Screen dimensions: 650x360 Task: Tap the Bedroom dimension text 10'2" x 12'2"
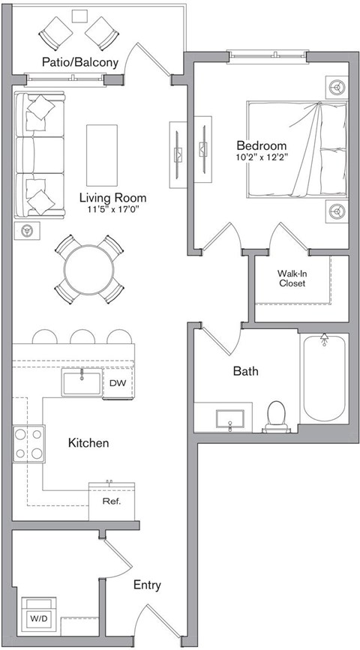pyautogui.click(x=262, y=158)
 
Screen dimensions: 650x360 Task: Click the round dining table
pyautogui.click(x=89, y=269)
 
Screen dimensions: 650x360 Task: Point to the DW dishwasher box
pyautogui.click(x=118, y=383)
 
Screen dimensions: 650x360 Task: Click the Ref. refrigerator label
pyautogui.click(x=111, y=501)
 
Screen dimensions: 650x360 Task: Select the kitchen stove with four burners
pyautogui.click(x=28, y=445)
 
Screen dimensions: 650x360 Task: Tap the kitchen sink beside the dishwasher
pyautogui.click(x=82, y=382)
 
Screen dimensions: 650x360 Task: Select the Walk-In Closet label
pyautogui.click(x=292, y=279)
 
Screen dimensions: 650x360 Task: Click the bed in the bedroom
pyautogui.click(x=297, y=158)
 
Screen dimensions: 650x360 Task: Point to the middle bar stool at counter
pyautogui.click(x=81, y=337)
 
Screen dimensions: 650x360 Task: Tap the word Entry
pyautogui.click(x=146, y=585)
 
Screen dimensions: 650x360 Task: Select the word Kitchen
pyautogui.click(x=88, y=443)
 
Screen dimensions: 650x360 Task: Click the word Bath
pyautogui.click(x=245, y=370)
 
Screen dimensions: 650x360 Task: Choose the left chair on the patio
pyautogui.click(x=57, y=32)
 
